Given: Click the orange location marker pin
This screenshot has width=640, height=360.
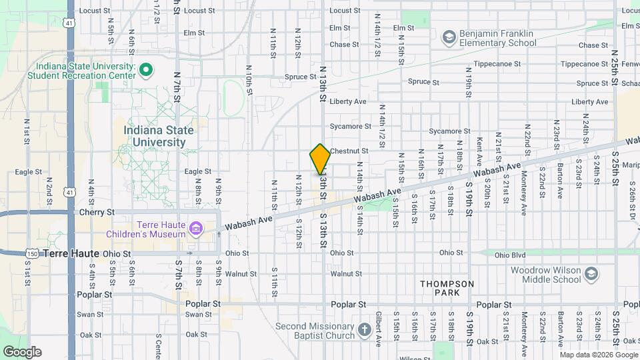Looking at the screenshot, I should [320, 159].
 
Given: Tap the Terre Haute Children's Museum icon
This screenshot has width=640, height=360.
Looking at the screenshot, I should [195, 230].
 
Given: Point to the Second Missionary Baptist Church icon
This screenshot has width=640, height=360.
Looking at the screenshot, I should [364, 329].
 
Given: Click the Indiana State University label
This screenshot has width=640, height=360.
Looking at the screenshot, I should [159, 136].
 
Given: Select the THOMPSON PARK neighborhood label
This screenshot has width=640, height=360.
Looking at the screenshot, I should [447, 289].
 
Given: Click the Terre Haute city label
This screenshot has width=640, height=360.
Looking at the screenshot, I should [71, 253].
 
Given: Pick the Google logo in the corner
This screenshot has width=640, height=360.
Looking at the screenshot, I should [22, 351].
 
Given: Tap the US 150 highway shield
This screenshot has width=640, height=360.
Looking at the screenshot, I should [31, 254].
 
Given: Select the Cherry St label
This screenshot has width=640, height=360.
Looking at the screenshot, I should [97, 212].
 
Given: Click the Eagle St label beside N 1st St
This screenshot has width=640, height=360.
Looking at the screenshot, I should [29, 172].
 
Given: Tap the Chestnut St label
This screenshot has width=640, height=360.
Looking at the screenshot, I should [349, 151].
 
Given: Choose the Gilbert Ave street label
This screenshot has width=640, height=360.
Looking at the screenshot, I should [378, 329].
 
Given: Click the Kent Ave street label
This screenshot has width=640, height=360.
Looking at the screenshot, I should [479, 152].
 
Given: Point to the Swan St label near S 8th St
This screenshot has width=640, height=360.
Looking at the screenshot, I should [198, 315].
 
